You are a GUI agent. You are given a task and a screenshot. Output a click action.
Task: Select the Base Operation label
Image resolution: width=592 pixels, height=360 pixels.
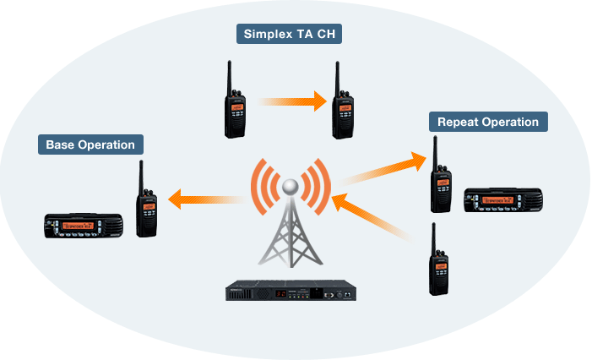90,145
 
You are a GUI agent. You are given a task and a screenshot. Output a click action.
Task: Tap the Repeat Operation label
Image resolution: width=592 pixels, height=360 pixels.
488,122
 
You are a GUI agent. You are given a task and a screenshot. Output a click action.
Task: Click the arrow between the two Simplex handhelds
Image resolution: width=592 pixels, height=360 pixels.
291,101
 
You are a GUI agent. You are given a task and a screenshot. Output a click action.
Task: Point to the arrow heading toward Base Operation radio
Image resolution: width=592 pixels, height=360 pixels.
206,199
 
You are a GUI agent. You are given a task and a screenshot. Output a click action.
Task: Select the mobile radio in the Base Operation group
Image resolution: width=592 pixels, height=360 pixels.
84,225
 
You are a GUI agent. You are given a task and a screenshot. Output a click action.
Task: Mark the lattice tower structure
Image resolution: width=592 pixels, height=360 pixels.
290,237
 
